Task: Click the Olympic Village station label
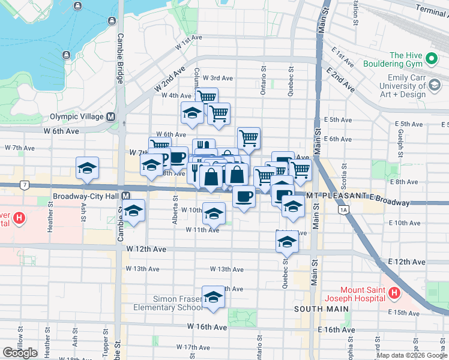(77, 117)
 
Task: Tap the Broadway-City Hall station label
(86, 196)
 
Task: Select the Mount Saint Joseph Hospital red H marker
(394, 293)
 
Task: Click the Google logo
(20, 352)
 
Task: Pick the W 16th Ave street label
(206, 327)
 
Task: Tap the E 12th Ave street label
(407, 262)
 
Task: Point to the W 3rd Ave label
(217, 78)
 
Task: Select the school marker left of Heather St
(87, 169)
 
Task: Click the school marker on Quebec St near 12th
(288, 242)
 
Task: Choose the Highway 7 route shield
(23, 185)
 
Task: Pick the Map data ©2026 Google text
(412, 355)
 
